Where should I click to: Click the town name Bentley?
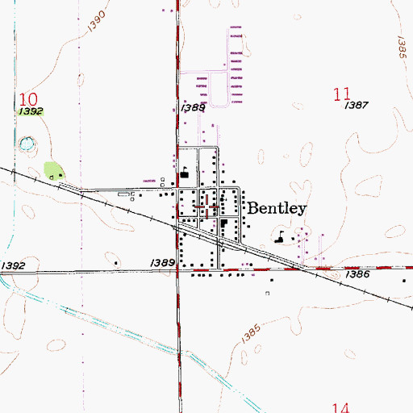click(x=277, y=208)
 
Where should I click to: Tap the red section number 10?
click(x=27, y=98)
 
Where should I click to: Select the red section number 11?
click(x=341, y=94)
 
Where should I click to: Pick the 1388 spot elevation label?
click(x=194, y=106)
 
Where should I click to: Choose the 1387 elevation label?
click(x=356, y=106)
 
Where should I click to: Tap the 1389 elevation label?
click(x=162, y=263)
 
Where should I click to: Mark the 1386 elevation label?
click(x=358, y=275)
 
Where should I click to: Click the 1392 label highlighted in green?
click(x=30, y=111)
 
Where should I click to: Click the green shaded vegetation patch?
click(x=54, y=170)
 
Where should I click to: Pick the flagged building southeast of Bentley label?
click(x=280, y=238)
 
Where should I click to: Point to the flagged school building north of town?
click(x=185, y=172)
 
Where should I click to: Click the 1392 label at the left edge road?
click(x=14, y=265)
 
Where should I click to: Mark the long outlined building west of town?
click(x=126, y=194)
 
